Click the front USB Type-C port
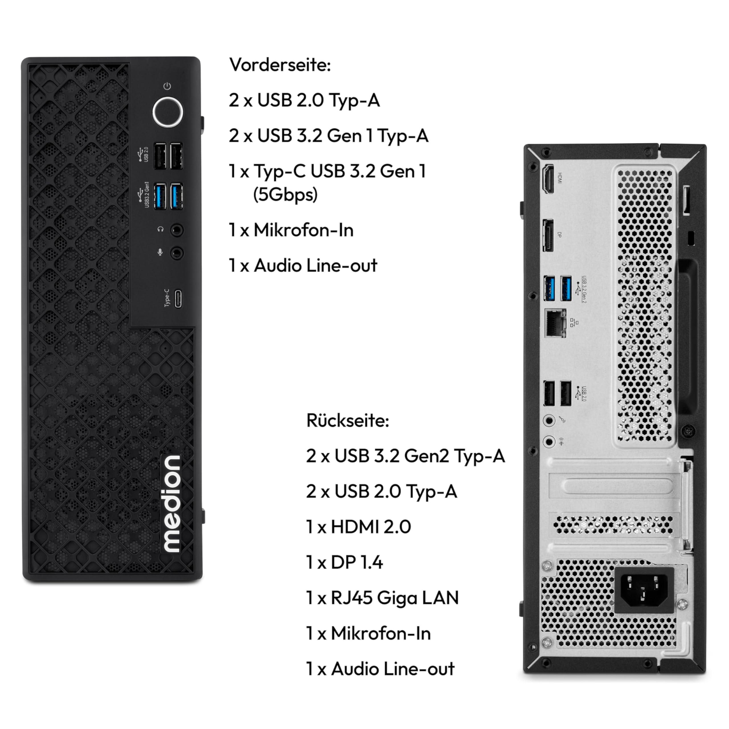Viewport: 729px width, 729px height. [x=178, y=298]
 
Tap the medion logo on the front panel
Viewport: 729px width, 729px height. [x=171, y=504]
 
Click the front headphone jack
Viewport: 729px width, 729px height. [x=177, y=230]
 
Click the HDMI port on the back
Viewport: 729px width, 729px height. [x=548, y=179]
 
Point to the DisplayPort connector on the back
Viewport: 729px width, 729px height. [x=548, y=235]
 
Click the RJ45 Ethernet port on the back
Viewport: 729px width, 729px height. [x=555, y=323]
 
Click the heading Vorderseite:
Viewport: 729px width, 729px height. [x=280, y=65]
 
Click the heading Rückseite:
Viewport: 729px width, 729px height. [x=347, y=421]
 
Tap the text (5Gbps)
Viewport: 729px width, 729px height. [x=285, y=195]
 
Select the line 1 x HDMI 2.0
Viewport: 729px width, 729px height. [x=359, y=527]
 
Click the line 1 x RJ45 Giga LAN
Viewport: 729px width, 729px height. [x=382, y=598]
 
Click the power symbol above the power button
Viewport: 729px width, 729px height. [x=167, y=86]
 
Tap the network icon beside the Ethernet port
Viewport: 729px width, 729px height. [x=574, y=323]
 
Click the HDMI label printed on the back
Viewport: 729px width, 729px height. [x=560, y=178]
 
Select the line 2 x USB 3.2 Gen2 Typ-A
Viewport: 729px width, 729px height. [x=405, y=456]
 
